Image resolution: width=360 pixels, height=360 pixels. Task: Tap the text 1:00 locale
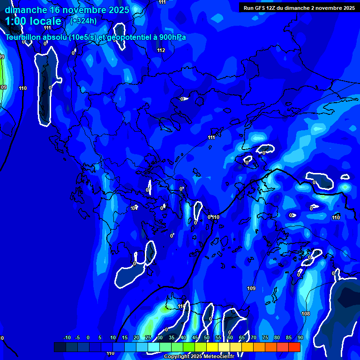pos(33,21)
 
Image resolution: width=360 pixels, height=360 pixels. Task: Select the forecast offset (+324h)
pos(83,21)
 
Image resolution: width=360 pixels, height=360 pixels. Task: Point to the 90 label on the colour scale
pos(300,338)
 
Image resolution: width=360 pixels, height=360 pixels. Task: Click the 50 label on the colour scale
pos(206,338)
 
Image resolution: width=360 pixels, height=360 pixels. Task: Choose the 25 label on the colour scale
pos(148,338)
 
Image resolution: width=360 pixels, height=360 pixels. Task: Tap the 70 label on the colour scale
pos(253,338)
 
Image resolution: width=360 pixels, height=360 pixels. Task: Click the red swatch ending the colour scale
pos(294,347)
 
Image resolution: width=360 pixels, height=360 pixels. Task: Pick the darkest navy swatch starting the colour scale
pos(60,347)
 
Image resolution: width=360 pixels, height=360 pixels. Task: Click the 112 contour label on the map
pos(161,50)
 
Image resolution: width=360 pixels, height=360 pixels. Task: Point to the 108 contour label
pos(306,314)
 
